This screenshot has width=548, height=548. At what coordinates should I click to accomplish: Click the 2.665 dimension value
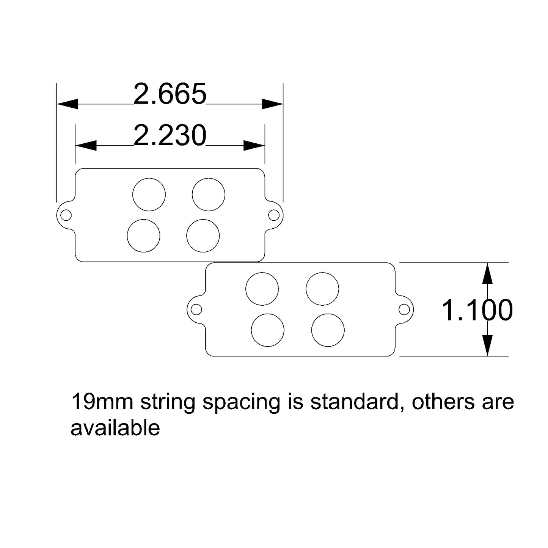coord(170,94)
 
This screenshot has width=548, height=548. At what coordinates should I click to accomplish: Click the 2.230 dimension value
coord(170,136)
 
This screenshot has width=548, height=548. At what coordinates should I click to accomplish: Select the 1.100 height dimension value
coord(477,310)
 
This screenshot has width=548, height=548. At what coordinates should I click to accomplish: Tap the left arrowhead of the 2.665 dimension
coord(68,104)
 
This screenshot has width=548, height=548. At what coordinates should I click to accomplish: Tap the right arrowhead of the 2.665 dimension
coord(272,104)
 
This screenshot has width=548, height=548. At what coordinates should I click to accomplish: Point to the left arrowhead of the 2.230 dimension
coord(86,145)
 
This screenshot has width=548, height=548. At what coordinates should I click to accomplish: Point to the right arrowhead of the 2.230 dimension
coord(254,145)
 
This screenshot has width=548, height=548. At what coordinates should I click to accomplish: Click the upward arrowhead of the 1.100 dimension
coord(487,274)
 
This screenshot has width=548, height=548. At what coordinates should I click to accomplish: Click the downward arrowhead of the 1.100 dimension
coord(487,345)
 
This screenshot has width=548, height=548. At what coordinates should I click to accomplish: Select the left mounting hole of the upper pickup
coord(66,215)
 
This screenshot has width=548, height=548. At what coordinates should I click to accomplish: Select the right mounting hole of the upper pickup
coord(273,215)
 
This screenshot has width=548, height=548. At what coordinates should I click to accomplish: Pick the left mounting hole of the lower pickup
coord(196,309)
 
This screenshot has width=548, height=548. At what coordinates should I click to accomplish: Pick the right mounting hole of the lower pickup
coord(404,309)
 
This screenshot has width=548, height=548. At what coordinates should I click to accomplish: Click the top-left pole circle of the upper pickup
coord(149,194)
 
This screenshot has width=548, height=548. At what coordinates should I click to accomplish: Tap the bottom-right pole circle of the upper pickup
coord(203,236)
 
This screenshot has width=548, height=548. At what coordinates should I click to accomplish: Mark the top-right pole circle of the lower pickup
coord(322,289)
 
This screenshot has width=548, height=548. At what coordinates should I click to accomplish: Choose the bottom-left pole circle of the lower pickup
coord(268,330)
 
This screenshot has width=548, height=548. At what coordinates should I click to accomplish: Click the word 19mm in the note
coord(102,402)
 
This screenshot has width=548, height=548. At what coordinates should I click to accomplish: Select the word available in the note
coord(115,428)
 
